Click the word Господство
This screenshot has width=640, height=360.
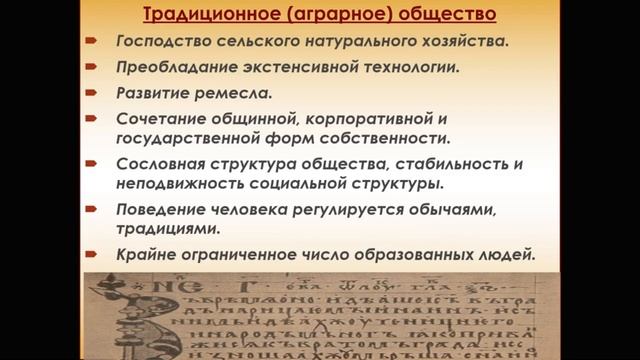[x=162, y=43]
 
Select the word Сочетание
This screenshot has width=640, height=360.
[x=158, y=120]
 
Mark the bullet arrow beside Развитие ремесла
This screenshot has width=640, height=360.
[x=91, y=95]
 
